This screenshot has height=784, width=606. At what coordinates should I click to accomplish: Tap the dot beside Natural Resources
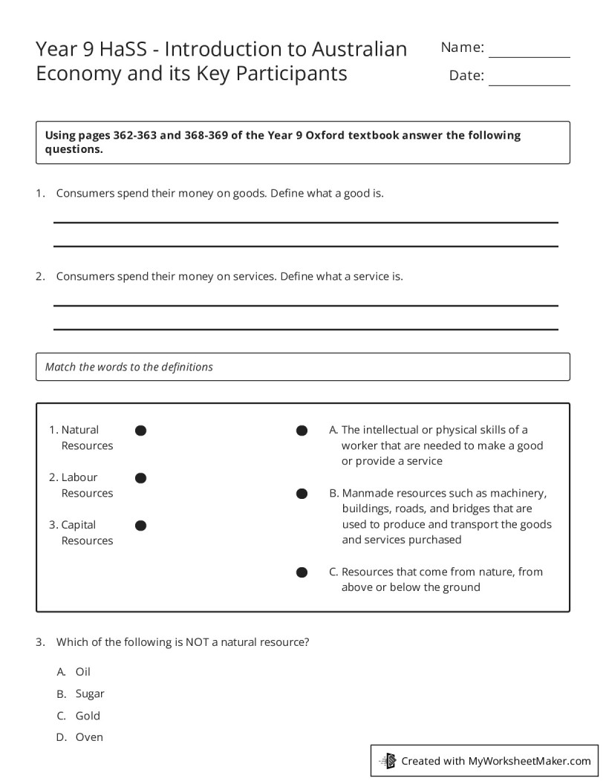[140, 431]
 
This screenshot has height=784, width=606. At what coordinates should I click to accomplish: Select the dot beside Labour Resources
[140, 478]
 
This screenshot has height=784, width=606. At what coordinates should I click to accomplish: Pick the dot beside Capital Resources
[140, 526]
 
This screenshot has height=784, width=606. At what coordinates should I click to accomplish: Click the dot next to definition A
[302, 431]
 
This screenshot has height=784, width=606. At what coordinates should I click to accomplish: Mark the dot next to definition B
[302, 494]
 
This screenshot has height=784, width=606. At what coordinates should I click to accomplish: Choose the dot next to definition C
[302, 572]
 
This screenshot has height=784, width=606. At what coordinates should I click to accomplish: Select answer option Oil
[82, 672]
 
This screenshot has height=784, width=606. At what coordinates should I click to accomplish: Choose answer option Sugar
[89, 694]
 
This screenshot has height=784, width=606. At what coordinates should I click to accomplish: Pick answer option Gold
[87, 716]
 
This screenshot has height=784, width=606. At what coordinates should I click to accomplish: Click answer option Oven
[89, 737]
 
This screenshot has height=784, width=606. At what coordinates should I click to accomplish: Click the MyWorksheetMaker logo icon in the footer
[388, 761]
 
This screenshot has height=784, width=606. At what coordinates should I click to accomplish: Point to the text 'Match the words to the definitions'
[129, 367]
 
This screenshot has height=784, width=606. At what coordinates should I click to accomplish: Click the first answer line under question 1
[305, 221]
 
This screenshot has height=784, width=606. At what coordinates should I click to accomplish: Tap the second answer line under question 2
[305, 329]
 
